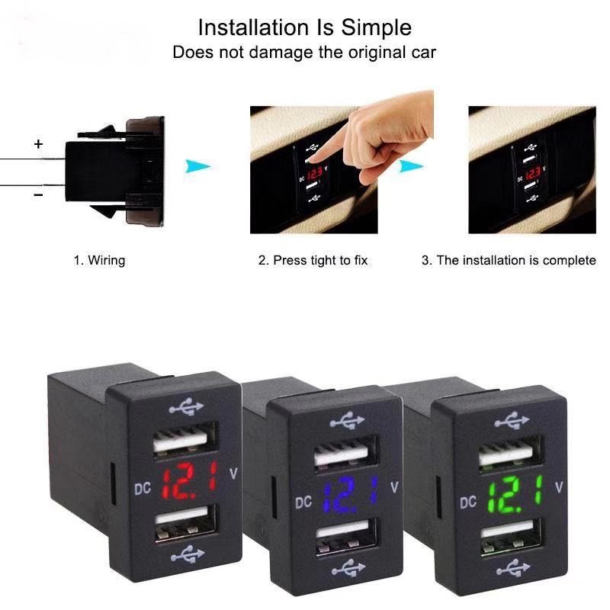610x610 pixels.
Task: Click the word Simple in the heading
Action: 376,28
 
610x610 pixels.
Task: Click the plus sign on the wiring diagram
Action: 38,144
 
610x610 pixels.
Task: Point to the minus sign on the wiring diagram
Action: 38,194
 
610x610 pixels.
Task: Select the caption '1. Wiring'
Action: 100,260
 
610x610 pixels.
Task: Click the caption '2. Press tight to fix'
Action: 313,260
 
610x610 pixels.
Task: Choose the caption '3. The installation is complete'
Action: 509,260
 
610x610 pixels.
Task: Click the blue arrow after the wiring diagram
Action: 197,166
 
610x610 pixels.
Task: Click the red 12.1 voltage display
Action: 189,480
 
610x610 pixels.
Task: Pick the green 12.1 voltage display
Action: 515,495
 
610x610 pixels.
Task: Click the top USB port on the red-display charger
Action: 185,437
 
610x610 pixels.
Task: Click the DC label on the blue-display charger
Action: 303,502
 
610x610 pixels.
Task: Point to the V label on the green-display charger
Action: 559,487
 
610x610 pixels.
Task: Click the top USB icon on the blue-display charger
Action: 347,421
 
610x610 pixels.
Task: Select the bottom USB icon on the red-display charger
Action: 188,554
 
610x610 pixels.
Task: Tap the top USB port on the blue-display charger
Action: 346,451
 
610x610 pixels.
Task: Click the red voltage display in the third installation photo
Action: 532,173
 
